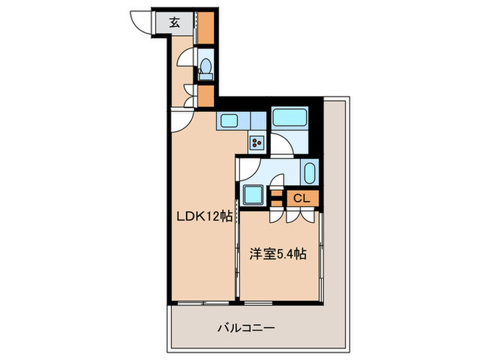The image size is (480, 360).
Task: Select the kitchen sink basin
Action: (229, 122)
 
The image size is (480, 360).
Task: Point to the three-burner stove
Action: (256, 143)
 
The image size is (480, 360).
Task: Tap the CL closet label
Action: (302, 199)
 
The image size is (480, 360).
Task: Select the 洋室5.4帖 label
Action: (278, 254)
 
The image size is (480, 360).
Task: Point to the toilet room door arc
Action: (187, 59)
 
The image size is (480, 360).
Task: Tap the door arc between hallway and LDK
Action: (181, 120)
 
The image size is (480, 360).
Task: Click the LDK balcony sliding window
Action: (203, 302)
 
